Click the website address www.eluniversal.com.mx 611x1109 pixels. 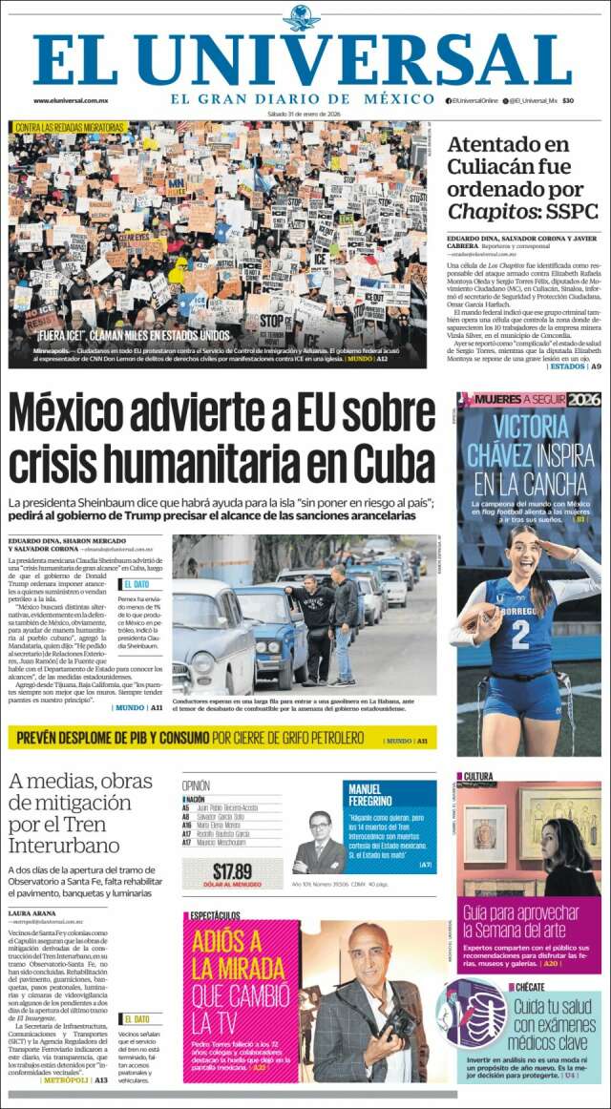71,100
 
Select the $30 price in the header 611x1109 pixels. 567,100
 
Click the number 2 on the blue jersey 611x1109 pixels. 520,635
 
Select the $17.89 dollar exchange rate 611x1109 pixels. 232,870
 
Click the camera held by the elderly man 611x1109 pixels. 400,1021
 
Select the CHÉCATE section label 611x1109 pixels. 530,987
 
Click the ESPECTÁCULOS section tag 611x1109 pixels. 215,915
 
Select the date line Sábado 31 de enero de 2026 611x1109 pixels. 304,114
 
